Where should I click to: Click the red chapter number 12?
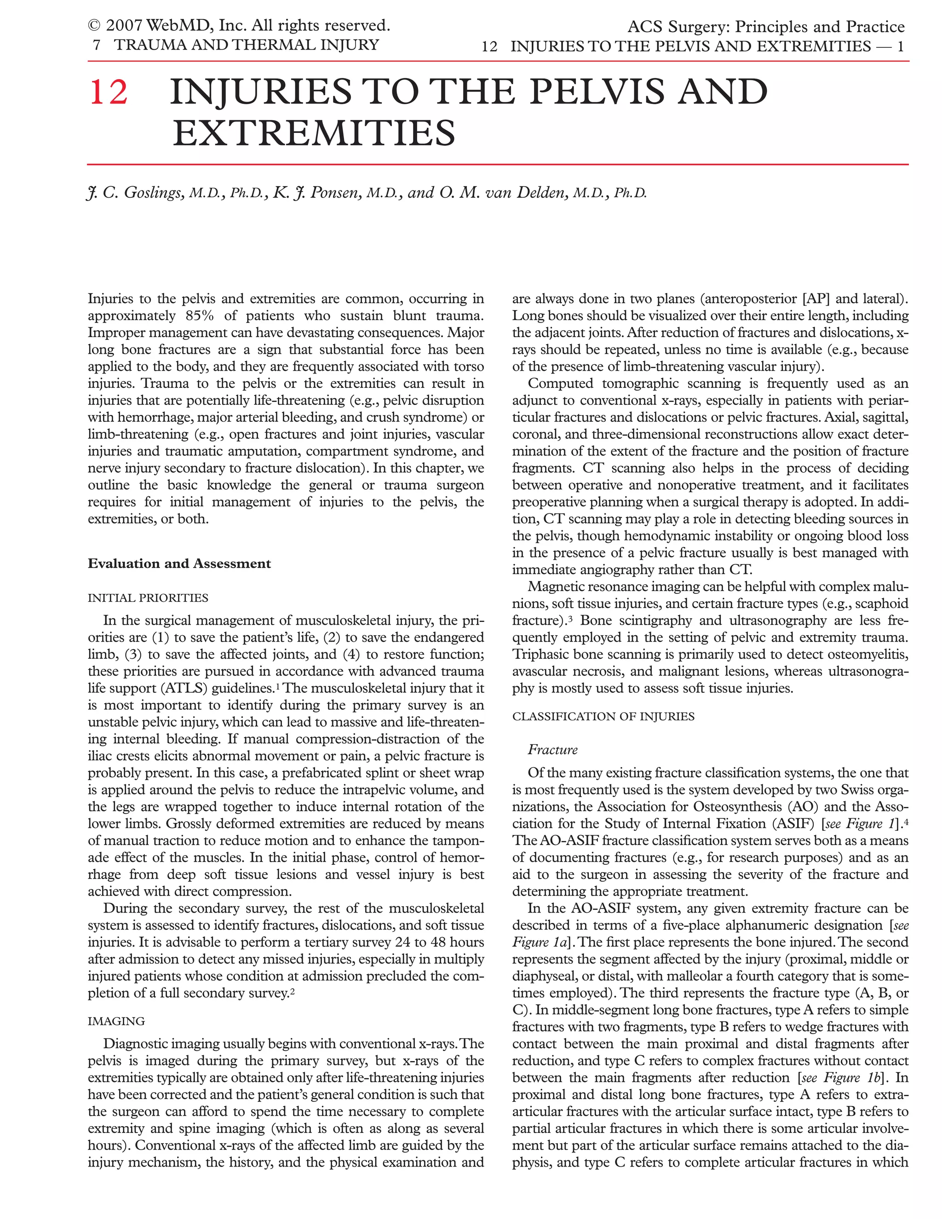109,92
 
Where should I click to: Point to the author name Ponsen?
335,193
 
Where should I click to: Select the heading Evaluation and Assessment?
179,564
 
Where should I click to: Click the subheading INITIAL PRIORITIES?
148,598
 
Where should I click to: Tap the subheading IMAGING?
116,1021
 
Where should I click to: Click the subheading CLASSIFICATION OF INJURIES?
603,717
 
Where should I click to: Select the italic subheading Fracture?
552,750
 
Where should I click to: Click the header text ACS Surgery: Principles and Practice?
766,27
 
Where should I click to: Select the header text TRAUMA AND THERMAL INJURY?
246,45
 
